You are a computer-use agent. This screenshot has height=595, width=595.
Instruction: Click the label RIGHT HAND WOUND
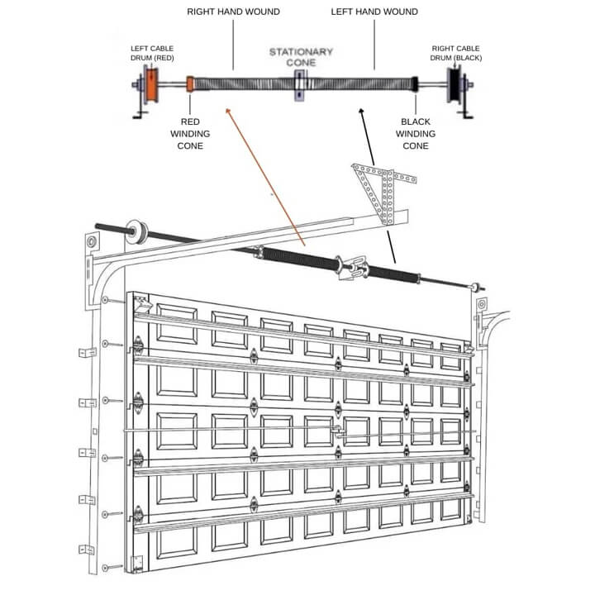point(233,12)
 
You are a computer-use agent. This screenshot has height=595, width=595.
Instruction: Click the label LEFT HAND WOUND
point(374,12)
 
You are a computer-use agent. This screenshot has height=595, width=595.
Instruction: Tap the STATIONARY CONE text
point(301,56)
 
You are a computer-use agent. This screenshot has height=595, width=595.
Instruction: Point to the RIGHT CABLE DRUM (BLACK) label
point(457,52)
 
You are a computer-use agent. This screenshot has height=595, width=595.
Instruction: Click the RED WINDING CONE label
point(190,133)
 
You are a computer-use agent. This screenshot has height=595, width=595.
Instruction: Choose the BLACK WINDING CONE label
point(416,133)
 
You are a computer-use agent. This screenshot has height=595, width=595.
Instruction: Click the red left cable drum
point(151,85)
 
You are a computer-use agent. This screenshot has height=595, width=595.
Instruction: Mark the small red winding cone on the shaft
point(191,83)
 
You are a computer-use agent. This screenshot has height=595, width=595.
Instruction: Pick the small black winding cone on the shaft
point(416,83)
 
